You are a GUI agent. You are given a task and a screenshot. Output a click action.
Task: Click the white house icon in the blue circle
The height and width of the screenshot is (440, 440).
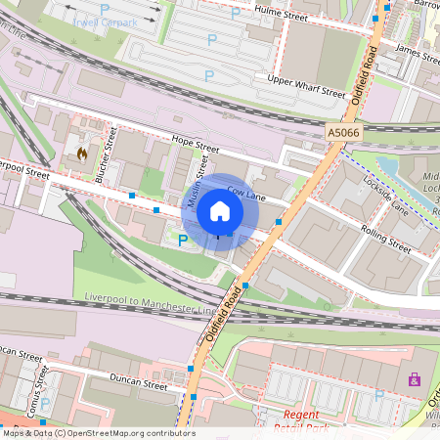(x=220, y=211)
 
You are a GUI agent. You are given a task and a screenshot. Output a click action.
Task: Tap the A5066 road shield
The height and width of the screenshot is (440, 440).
(x=342, y=132)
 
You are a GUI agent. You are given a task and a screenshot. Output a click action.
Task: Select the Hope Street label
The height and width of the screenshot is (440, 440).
(x=192, y=146)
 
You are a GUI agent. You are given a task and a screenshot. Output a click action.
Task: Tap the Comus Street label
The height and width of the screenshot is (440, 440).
(x=41, y=388)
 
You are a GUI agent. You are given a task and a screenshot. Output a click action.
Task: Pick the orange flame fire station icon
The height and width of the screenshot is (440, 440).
(x=83, y=154)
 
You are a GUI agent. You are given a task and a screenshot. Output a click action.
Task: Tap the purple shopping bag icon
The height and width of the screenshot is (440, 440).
(x=414, y=379)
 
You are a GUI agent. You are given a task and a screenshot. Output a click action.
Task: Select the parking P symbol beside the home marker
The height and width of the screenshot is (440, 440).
(x=182, y=239)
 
